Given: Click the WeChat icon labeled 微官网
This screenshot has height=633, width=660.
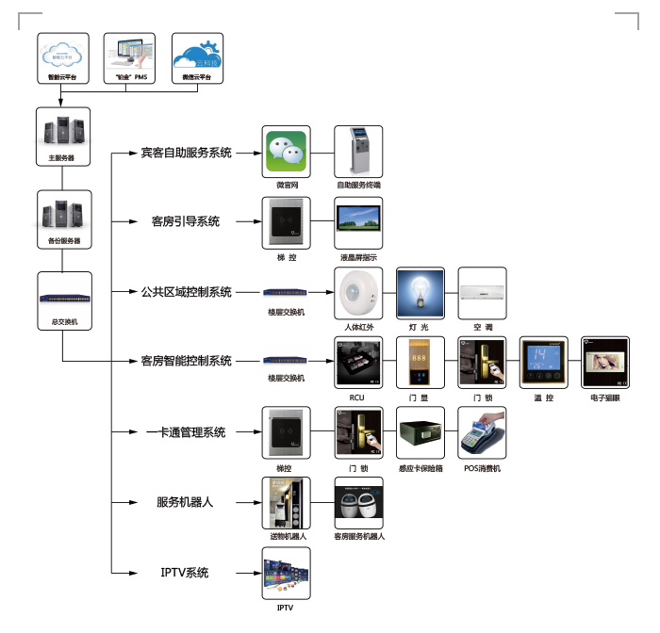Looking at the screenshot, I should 286,151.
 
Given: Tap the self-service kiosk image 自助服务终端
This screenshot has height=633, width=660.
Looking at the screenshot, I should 359,151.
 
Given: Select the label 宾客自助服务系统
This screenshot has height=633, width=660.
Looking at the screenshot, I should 186,153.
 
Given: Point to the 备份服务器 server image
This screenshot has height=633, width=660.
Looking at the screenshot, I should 63,214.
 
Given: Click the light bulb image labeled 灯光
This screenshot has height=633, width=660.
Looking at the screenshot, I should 420,293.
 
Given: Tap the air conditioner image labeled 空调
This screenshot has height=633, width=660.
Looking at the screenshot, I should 483,293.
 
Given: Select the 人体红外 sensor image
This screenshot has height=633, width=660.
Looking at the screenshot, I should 358,293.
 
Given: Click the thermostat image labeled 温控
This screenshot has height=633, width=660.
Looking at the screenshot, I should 544,362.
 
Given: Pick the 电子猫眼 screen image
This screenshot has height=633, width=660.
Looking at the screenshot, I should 604,362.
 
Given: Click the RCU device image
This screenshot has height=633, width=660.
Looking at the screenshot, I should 359,362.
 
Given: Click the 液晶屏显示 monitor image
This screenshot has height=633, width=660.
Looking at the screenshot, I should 359,221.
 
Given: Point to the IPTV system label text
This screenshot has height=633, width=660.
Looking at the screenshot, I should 184,572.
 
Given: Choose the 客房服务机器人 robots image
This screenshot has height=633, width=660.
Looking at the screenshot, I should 359,502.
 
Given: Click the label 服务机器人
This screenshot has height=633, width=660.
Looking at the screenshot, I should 186,502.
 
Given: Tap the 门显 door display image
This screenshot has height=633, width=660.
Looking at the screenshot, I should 420,362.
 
